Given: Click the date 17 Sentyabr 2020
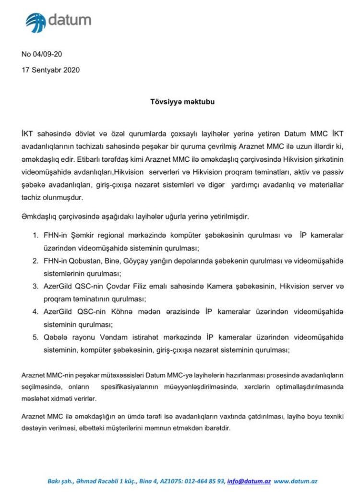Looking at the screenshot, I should pyautogui.click(x=51, y=70).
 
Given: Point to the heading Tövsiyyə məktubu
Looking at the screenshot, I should pyautogui.click(x=180, y=102).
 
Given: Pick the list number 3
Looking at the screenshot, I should pyautogui.click(x=36, y=286).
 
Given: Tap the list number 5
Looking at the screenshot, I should pyautogui.click(x=36, y=336).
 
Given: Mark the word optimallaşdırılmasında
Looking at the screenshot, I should pyautogui.click(x=308, y=387).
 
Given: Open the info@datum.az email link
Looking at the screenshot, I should pyautogui.click(x=249, y=481).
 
